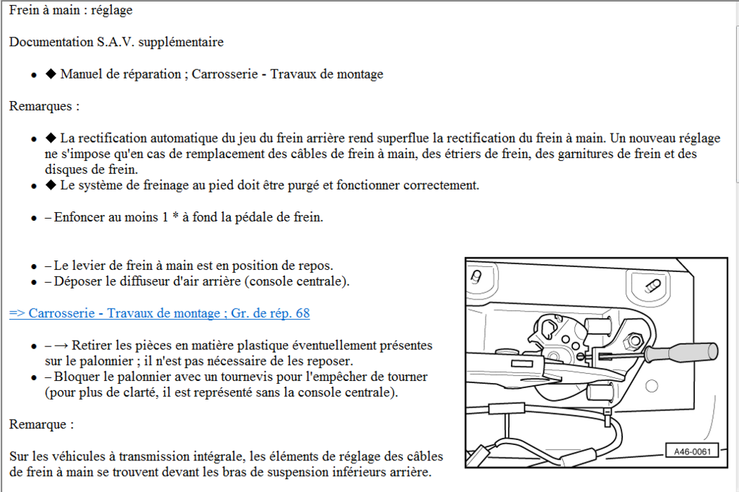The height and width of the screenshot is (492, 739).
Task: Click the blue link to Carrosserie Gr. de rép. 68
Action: [159, 313]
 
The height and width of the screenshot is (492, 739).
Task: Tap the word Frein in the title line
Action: [25, 11]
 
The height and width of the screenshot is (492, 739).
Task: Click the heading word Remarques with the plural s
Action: [41, 106]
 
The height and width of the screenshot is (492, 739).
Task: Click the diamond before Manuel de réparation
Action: [51, 74]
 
